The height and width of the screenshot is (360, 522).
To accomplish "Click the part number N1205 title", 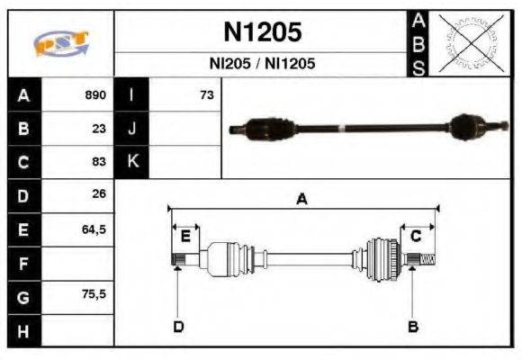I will pyautogui.click(x=263, y=32).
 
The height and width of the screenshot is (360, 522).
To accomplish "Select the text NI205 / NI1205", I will pyautogui.click(x=263, y=64).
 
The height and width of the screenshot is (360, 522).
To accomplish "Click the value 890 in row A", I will pyautogui.click(x=95, y=94).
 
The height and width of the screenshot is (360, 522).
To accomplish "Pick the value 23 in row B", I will pyautogui.click(x=100, y=128).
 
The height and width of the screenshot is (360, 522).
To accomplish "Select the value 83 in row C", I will pyautogui.click(x=100, y=161).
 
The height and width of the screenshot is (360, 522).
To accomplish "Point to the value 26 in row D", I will pyautogui.click(x=100, y=193).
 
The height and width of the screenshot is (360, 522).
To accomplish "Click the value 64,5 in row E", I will pyautogui.click(x=94, y=229).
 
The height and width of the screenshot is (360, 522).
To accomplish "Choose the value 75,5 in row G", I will pyautogui.click(x=94, y=294).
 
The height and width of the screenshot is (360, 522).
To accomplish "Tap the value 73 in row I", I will pyautogui.click(x=206, y=94).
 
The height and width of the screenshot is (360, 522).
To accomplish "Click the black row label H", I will pyautogui.click(x=22, y=330).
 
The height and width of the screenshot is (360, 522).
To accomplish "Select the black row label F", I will pyautogui.click(x=22, y=263).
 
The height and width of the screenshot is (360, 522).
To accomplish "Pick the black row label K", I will pyautogui.click(x=131, y=161).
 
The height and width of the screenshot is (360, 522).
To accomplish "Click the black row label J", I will pyautogui.click(x=131, y=128).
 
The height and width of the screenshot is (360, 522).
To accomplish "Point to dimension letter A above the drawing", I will pyautogui.click(x=302, y=200).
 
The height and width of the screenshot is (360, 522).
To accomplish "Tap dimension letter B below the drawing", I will pyautogui.click(x=413, y=326).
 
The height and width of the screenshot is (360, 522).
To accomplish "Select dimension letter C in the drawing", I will pyautogui.click(x=417, y=237).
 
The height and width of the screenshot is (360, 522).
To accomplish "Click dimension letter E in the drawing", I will pyautogui.click(x=185, y=237).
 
